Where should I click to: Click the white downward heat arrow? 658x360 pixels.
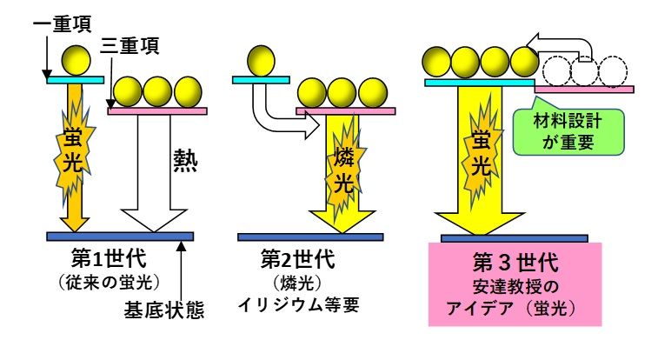[x=155, y=174]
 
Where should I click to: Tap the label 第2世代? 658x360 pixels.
[x=296, y=259]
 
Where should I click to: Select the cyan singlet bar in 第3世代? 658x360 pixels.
[x=479, y=83]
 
